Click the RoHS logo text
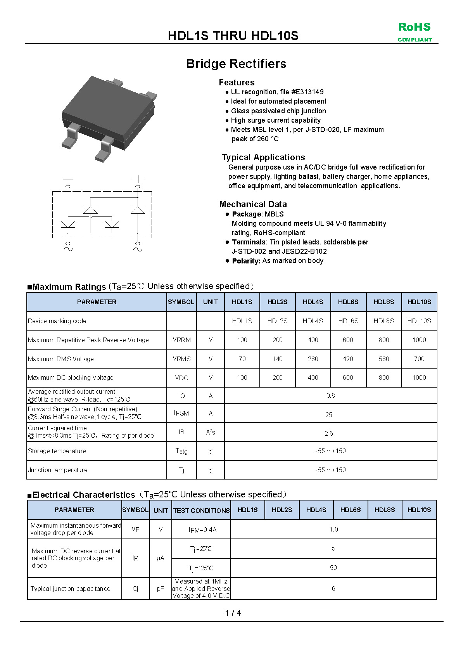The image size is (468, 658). coord(414,27)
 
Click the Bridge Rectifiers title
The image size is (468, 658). coord(236,64)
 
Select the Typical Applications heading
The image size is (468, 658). coord(263,157)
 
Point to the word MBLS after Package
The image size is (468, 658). coord(274,214)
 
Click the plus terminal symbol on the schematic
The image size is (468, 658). coord(138,179)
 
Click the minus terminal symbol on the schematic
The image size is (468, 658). coord(68,179)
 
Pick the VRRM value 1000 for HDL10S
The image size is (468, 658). coord(419,340)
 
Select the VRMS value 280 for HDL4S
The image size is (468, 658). coord(313,359)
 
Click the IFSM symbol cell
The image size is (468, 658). coord(181,413)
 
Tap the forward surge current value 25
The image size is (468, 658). coord(329,415)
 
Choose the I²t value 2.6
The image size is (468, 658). coord(329,433)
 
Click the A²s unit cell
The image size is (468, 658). coord(211,432)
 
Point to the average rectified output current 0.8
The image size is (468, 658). coord(330,395)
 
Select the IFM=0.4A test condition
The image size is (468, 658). coord(202,530)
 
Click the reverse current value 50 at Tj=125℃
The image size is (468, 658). coord(333,568)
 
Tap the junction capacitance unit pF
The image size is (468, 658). coord(161,589)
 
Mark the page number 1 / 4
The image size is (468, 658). coord(233,613)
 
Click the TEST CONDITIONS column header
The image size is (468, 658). coord(201,510)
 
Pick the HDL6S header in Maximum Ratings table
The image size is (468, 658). coord(348,302)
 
